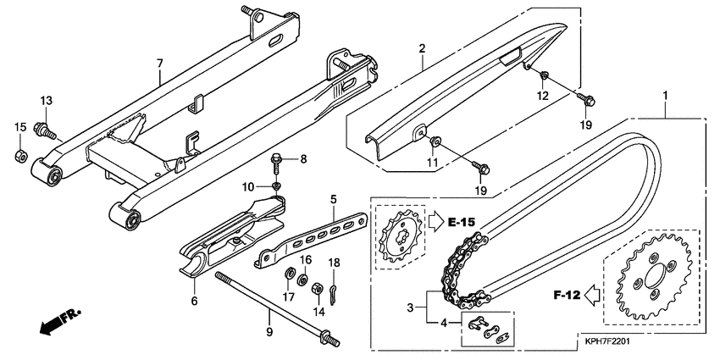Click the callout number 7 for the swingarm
click(x=158, y=64)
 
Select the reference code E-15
click(x=462, y=222)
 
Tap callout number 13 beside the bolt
click(x=47, y=102)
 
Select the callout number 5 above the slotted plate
click(x=333, y=200)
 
